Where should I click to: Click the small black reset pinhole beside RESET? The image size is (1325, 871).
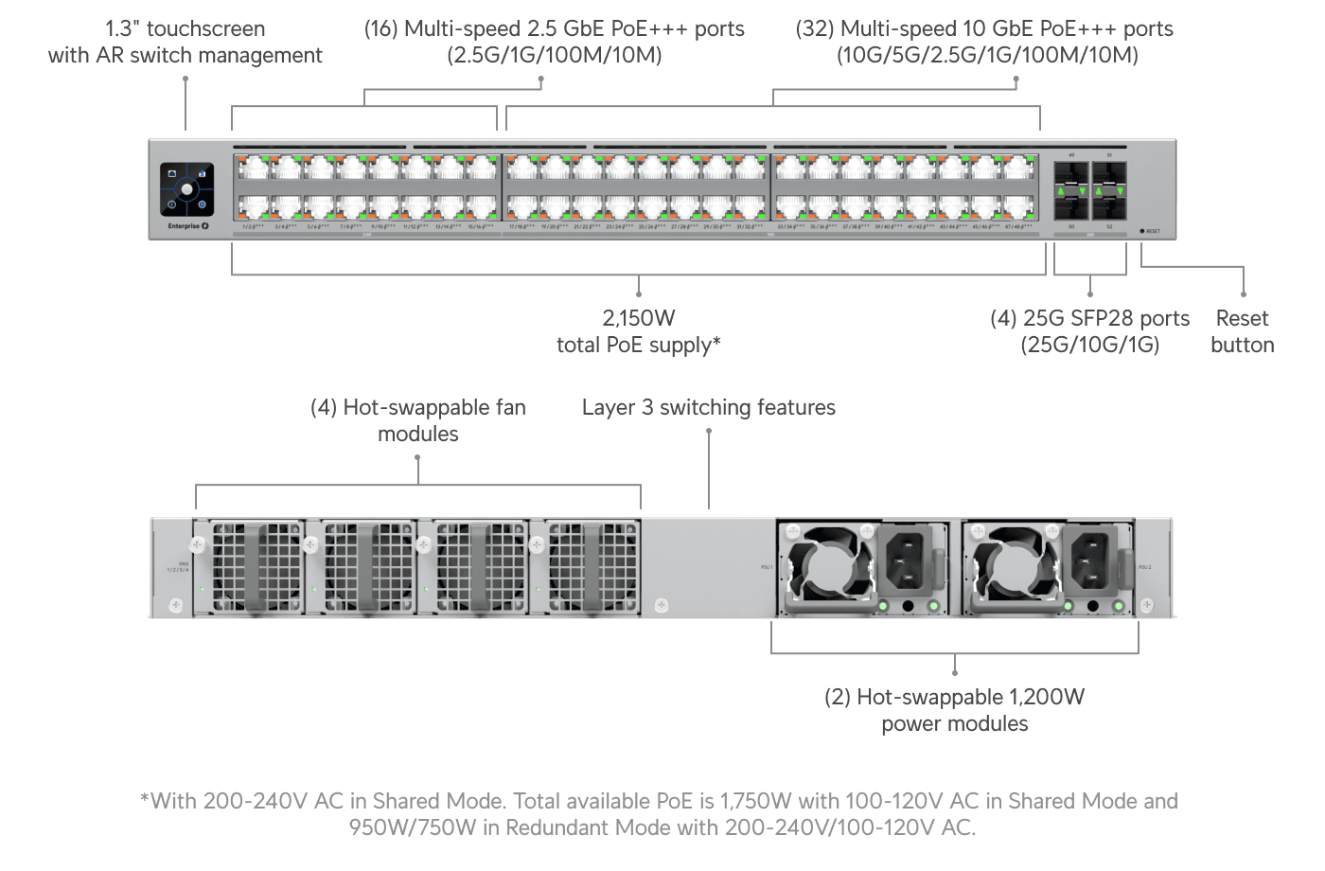pos(1142,231)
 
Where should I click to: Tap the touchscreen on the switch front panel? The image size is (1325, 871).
pos(186,189)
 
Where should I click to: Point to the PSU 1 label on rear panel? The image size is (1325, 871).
pos(767,567)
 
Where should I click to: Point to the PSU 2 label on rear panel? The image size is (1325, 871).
pos(1145,567)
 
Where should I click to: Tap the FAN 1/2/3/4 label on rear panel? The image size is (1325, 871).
pos(178,567)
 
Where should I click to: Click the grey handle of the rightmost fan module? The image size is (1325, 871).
pos(592,568)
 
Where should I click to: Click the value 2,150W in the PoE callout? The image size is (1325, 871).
pos(639,318)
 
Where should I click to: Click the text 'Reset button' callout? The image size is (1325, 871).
pos(1242,331)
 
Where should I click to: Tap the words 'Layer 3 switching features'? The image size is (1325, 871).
pos(708,408)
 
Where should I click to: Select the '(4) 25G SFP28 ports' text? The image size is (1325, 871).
pos(1089,319)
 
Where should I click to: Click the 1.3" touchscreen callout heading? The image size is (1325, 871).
pos(185,29)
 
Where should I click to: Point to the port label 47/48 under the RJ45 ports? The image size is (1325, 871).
pos(1017,227)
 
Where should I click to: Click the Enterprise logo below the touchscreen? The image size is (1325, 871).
pos(187,226)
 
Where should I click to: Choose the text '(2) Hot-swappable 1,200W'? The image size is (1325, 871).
pos(954,698)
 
